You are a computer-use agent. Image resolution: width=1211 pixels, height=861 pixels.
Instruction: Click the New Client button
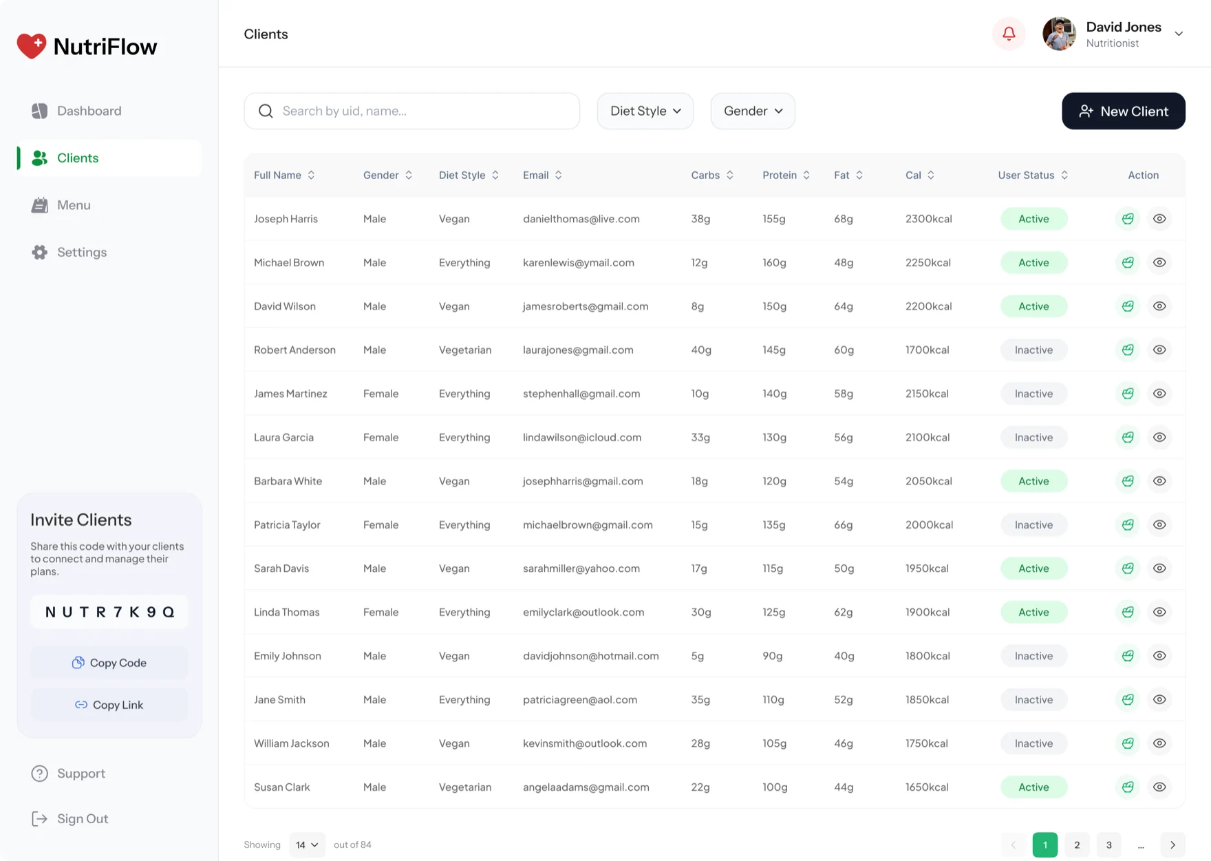[1123, 111]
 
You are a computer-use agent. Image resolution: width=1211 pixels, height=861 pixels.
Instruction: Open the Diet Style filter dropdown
[645, 111]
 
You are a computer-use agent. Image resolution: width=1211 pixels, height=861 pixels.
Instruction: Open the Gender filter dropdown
[753, 111]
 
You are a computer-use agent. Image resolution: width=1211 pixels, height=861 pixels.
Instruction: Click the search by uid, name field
[411, 111]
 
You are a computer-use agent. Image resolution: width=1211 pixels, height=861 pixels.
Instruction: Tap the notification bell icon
[1009, 34]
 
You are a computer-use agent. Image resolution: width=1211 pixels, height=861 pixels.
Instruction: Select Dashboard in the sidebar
[89, 111]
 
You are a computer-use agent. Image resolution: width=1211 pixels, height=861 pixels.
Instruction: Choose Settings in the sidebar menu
[81, 252]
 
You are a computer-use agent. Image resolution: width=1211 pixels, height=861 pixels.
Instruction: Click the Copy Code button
[109, 663]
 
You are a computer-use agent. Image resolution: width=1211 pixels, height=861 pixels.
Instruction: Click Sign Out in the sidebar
[83, 818]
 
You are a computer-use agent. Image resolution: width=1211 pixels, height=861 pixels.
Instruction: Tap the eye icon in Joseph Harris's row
[1159, 219]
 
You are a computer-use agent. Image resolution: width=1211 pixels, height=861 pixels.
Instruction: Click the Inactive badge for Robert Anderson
[1033, 350]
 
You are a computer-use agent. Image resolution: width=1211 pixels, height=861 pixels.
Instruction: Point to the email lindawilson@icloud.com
[582, 437]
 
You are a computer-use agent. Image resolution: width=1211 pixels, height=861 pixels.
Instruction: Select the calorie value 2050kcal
[929, 481]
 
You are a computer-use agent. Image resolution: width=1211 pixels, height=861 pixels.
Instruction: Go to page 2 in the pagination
[1077, 845]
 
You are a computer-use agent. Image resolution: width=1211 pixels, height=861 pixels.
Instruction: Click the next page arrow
[1172, 845]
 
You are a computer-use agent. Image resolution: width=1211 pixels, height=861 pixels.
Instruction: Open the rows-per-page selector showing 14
[307, 845]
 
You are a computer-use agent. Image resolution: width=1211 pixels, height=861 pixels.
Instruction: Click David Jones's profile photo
[1059, 34]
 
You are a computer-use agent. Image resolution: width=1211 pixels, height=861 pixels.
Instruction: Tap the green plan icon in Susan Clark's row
[1128, 787]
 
